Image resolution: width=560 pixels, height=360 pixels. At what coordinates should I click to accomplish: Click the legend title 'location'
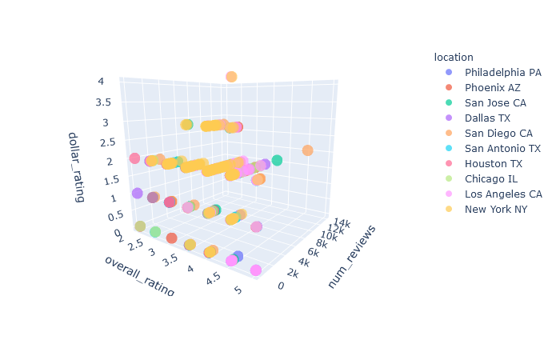tap(454, 57)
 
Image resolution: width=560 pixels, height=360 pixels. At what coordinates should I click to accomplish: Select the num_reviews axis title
tap(352, 256)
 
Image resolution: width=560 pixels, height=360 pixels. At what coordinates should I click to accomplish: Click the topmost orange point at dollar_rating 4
tap(231, 77)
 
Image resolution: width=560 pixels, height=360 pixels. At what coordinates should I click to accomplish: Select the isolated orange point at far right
tap(307, 150)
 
